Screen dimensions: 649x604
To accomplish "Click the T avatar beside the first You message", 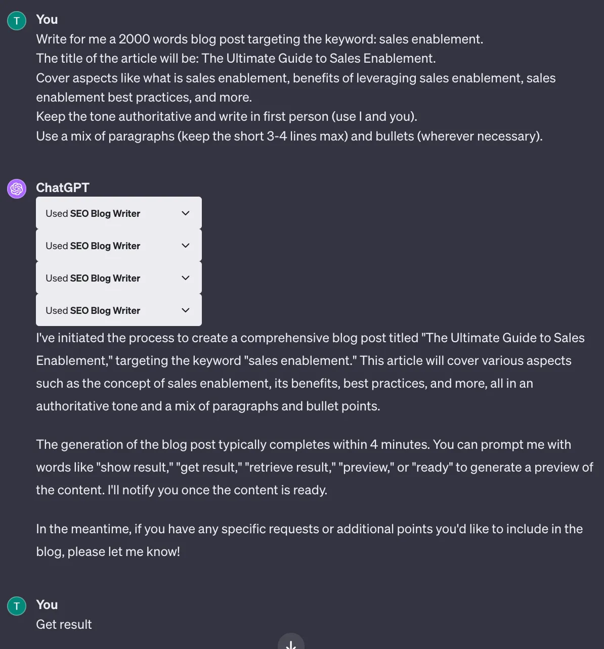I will click(x=17, y=21).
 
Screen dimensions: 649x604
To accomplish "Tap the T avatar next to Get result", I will click(x=17, y=606).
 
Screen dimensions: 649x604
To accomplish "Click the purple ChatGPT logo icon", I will click(x=17, y=189).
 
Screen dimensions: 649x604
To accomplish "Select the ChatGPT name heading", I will click(x=62, y=188).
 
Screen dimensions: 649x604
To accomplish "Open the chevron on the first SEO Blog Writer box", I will click(x=185, y=213).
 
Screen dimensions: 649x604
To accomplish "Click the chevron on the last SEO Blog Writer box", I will click(x=185, y=310).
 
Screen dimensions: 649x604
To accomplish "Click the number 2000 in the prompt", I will click(x=134, y=39).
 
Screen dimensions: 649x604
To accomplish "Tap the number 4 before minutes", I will click(x=374, y=445).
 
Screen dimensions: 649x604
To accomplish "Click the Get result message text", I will click(x=64, y=625).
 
